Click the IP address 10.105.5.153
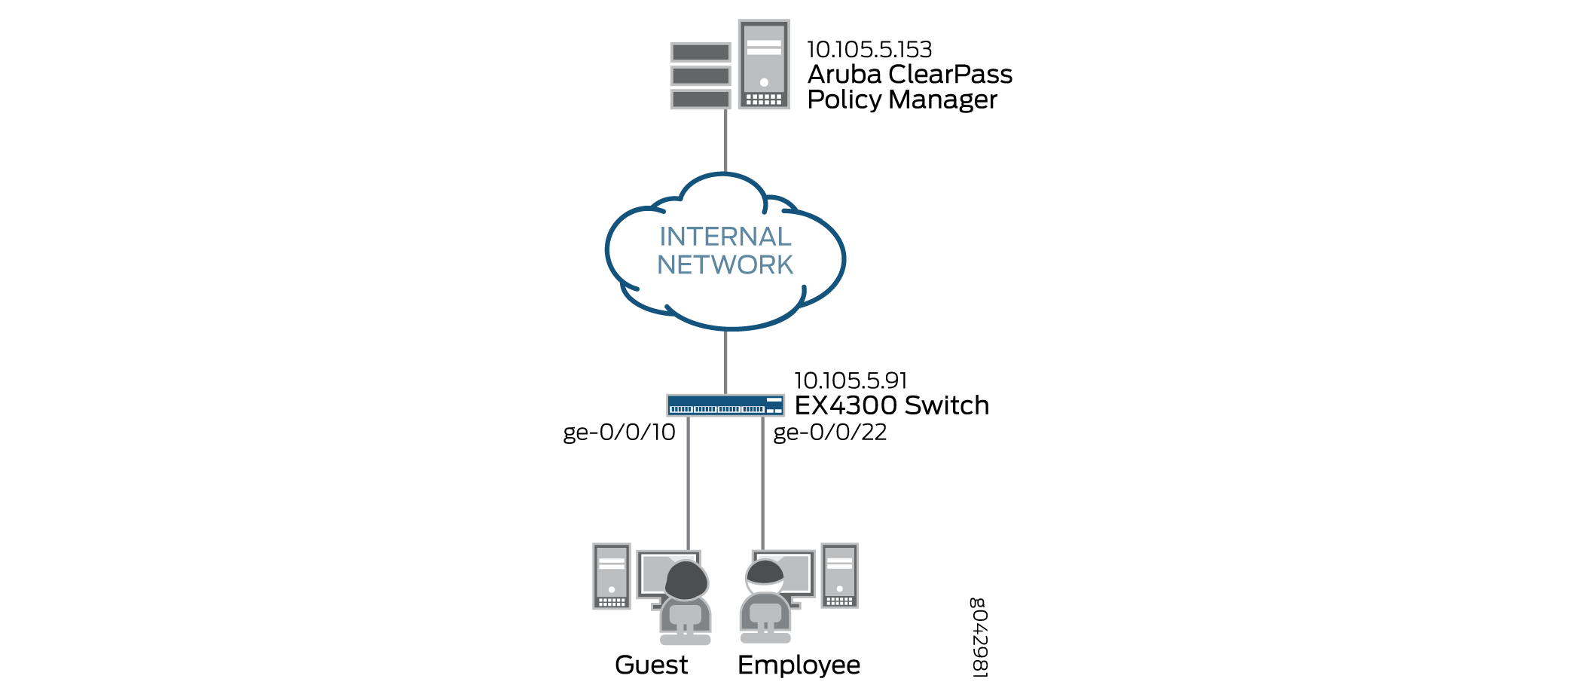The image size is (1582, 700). [869, 50]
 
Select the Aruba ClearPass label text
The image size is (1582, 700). [910, 75]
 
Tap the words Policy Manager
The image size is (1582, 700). [902, 100]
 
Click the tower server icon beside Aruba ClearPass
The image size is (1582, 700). [764, 65]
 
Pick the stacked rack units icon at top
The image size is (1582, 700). [701, 75]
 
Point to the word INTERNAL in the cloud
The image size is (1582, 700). [725, 237]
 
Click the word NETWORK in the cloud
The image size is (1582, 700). [725, 265]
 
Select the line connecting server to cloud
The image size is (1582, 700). [725, 142]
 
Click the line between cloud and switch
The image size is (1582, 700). [725, 362]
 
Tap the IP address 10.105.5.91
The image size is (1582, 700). [851, 381]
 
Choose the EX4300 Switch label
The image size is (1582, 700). [892, 405]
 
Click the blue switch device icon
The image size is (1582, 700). [725, 405]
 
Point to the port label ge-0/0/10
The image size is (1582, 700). [619, 433]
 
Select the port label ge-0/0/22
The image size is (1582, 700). [830, 433]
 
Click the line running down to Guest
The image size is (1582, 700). [688, 484]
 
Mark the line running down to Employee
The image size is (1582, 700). [762, 484]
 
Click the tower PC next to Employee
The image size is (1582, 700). [839, 576]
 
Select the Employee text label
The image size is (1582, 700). [799, 665]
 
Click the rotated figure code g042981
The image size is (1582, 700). [979, 637]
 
